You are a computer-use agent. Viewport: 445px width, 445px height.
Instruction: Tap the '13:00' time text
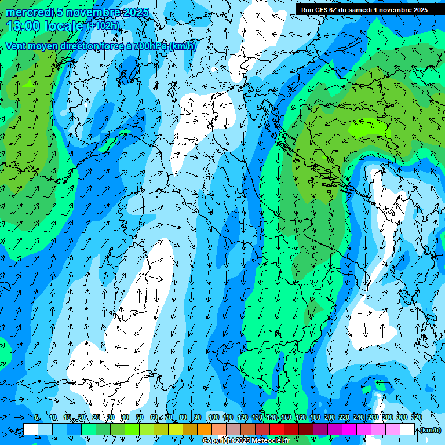pos(23,26)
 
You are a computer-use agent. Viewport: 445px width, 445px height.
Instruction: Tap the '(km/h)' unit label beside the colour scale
pos(429,429)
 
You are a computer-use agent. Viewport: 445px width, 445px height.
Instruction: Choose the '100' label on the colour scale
pos(214,417)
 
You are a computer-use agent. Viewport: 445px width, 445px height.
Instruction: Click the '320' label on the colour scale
pos(417,417)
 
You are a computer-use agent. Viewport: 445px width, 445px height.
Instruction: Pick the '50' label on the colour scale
pos(140,417)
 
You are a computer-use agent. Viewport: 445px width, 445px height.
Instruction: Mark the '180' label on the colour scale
pos(315,417)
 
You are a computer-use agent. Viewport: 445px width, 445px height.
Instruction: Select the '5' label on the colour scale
pos(37,417)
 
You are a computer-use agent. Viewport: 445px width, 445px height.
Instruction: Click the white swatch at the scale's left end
pos(31,429)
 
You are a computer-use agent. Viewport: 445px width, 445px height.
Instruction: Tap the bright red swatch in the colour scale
pos(277,429)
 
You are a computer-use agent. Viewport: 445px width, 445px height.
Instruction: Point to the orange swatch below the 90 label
pos(205,429)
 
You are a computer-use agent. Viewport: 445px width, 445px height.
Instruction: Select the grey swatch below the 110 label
pos(234,429)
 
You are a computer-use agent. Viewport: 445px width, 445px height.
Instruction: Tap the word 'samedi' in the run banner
pos(361,9)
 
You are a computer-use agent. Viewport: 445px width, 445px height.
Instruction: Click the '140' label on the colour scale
pos(271,417)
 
